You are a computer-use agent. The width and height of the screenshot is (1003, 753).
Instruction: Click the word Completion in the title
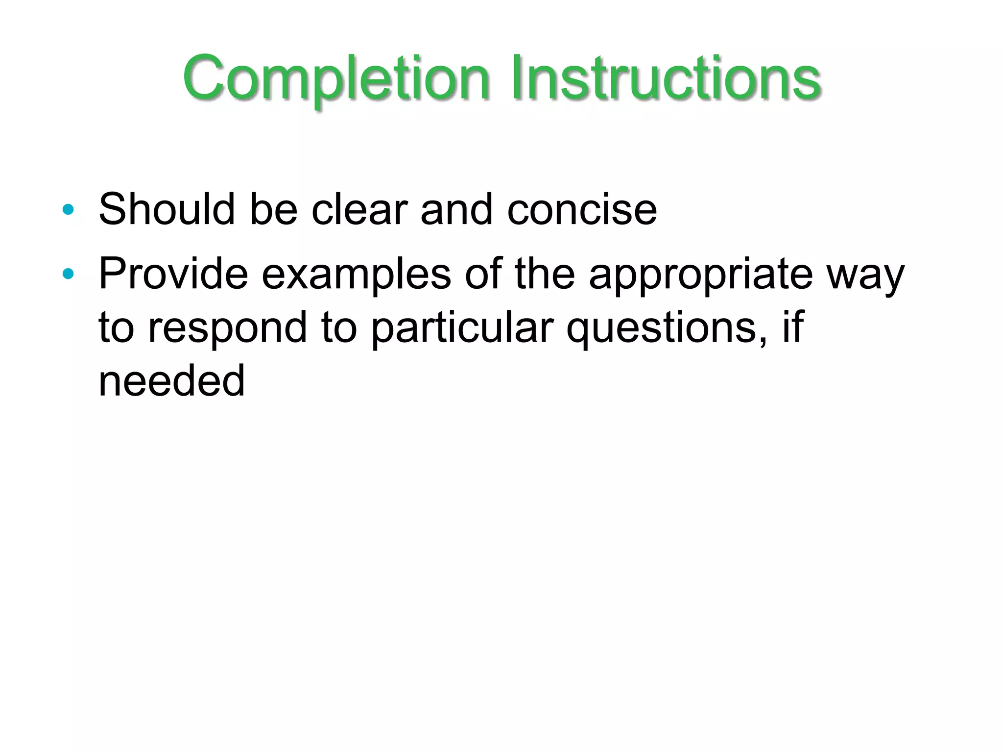pyautogui.click(x=336, y=78)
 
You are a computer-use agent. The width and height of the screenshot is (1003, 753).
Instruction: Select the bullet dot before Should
pyautogui.click(x=68, y=210)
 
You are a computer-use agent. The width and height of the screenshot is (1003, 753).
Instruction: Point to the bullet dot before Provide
pyautogui.click(x=68, y=274)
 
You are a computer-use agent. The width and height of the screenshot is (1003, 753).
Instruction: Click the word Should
pyautogui.click(x=167, y=209)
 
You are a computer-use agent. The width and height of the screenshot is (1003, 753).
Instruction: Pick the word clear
pyautogui.click(x=359, y=209)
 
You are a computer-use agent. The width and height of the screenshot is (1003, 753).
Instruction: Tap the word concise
pyautogui.click(x=582, y=210)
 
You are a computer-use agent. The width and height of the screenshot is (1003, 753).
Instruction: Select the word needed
pyautogui.click(x=171, y=381)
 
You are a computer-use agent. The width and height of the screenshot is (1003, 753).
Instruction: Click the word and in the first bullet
pyautogui.click(x=456, y=210)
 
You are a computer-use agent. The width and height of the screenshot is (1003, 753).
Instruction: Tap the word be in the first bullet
pyautogui.click(x=273, y=209)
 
